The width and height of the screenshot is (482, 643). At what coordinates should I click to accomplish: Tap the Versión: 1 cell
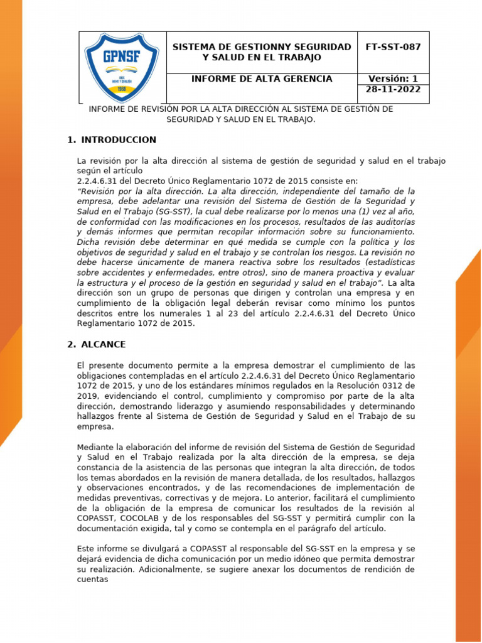click(x=393, y=78)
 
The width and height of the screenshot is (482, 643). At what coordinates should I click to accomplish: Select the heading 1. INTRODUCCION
click(x=112, y=140)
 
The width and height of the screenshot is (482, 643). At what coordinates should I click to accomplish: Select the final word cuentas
click(x=93, y=580)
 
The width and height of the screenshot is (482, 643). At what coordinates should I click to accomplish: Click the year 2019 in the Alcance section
click(x=87, y=396)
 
